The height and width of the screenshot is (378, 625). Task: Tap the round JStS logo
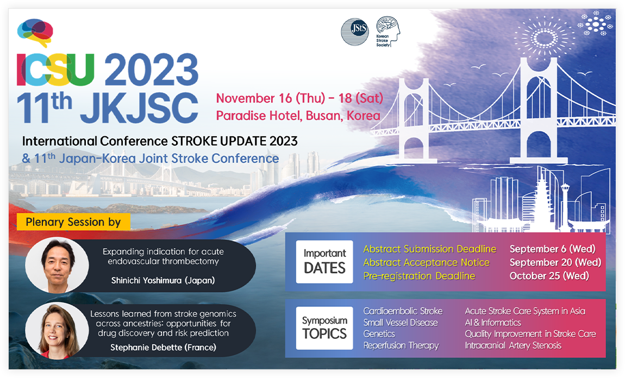(x=355, y=31)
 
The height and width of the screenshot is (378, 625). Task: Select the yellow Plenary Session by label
(x=73, y=222)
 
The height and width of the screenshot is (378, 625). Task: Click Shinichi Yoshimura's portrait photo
(x=57, y=265)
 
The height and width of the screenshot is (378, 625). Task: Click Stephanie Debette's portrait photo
(x=57, y=331)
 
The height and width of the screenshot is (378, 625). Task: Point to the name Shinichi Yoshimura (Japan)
(x=163, y=280)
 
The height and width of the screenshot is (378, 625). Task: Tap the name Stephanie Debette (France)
(x=164, y=348)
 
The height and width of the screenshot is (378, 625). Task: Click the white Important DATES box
(x=324, y=262)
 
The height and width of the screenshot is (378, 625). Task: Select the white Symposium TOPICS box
(x=324, y=328)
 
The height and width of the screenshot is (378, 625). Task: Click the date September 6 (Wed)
(x=553, y=249)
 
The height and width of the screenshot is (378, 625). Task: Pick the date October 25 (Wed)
(x=549, y=276)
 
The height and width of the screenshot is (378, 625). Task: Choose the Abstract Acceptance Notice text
(x=426, y=262)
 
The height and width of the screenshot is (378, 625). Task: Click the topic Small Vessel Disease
(x=400, y=323)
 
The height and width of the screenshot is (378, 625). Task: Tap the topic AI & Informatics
(x=493, y=323)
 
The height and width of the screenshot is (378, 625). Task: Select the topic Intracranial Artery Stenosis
(x=513, y=345)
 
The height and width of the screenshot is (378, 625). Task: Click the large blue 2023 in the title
(x=152, y=70)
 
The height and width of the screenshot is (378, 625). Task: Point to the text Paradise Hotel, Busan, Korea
(x=298, y=116)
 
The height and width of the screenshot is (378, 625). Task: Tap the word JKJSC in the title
(x=139, y=108)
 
